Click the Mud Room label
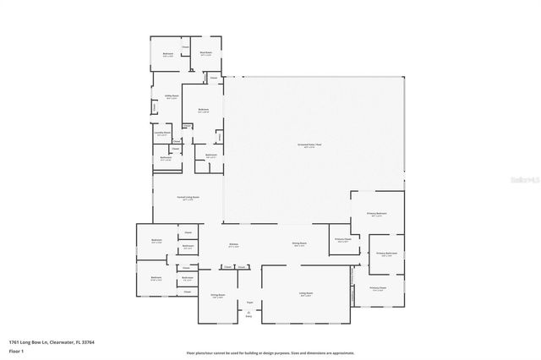tap(206, 54)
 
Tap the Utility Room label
tap(172, 97)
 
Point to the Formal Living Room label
tap(188, 197)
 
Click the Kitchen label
tap(233, 245)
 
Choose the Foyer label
tap(249, 302)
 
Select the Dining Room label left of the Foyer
tap(217, 296)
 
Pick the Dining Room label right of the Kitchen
tap(299, 245)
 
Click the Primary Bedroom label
tap(376, 214)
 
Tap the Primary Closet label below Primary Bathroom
tap(376, 288)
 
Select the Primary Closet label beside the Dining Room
tap(342, 240)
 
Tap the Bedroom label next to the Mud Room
tap(168, 54)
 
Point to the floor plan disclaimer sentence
tap(270, 352)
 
